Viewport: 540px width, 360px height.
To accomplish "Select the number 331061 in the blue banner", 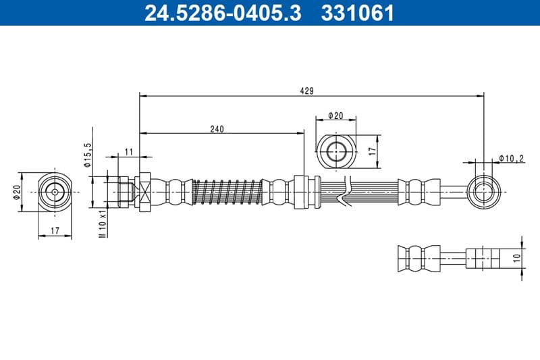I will [x=358, y=13].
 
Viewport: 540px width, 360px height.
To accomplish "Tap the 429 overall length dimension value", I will [x=308, y=91].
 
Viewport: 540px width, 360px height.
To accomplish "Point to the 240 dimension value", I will [x=217, y=128].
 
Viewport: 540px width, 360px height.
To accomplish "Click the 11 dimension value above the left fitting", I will [x=128, y=150].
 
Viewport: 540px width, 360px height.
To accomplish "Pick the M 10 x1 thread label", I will [x=103, y=223].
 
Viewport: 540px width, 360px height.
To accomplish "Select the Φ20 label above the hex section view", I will [x=335, y=116].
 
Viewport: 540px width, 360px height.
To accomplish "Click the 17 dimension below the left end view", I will [x=55, y=231].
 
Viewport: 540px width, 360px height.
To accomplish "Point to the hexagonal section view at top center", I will [x=335, y=151].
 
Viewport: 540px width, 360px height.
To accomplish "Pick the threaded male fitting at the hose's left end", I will [x=124, y=192].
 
